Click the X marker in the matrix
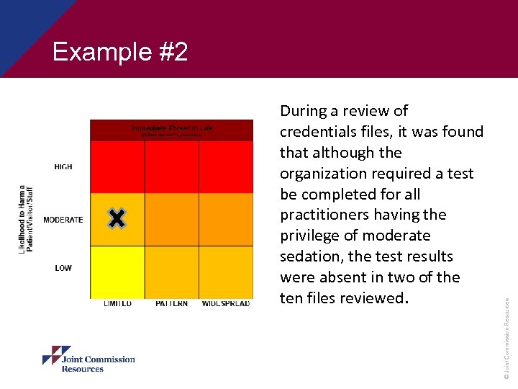pos(117,219)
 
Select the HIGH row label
pos(63,167)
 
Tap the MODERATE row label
pos(63,220)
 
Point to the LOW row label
pos(63,268)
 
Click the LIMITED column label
pos(117,304)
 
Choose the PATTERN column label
pos(172,304)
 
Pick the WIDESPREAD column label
pos(226,304)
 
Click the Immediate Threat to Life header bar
pos(172,130)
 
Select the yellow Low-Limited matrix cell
pos(117,272)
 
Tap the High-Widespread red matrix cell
pos(226,166)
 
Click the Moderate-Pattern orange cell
pos(172,220)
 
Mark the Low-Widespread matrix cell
pos(226,272)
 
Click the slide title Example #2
pos(120,53)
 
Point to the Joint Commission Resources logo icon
pos(56,356)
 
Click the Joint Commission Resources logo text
pos(98,364)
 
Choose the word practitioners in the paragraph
pos(324,215)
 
